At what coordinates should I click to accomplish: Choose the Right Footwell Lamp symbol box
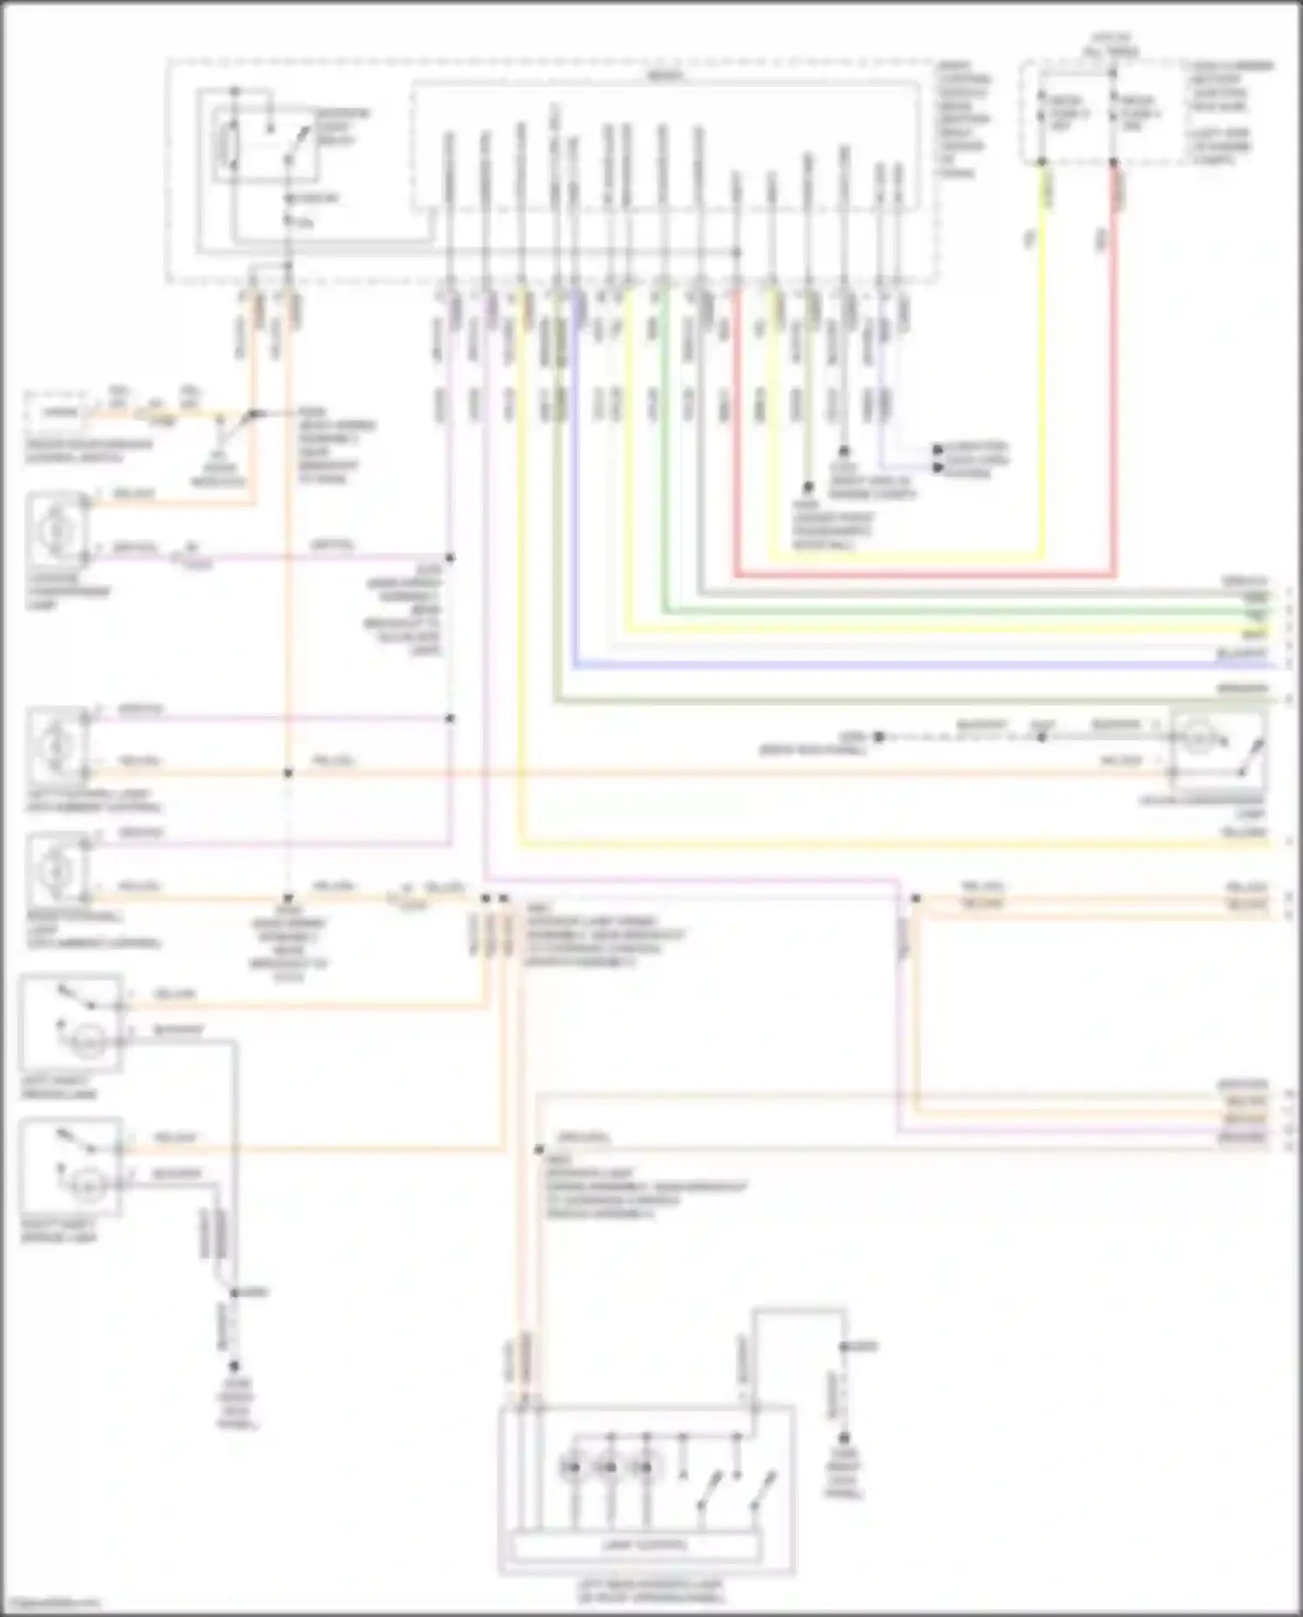(57, 869)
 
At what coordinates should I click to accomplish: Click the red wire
(921, 574)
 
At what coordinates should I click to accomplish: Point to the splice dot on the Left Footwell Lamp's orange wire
(288, 772)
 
